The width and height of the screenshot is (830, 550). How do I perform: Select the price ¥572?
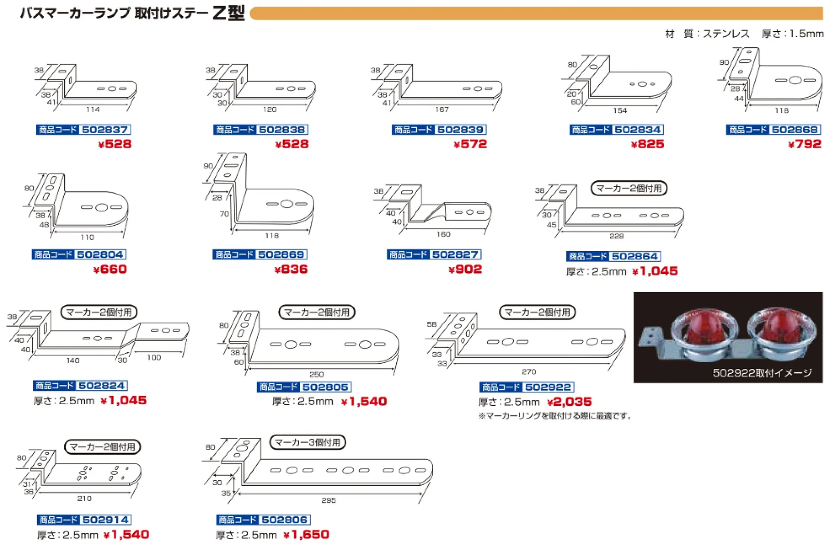470,144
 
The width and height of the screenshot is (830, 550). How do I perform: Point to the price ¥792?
804,144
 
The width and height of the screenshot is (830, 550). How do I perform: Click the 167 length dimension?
442,109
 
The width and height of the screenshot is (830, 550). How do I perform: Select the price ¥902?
465,269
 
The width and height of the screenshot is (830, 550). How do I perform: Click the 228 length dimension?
616,236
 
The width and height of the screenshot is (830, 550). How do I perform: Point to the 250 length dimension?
316,374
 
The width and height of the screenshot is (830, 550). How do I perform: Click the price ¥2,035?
569,402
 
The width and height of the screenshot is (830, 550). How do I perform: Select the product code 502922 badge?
527,387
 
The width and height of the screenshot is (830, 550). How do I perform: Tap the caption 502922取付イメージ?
762,373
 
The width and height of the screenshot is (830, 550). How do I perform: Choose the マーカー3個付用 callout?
307,442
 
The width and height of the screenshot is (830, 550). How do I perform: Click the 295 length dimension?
329,500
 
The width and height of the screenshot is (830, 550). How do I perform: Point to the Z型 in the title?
229,13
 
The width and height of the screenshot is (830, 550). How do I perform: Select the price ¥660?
110,269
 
